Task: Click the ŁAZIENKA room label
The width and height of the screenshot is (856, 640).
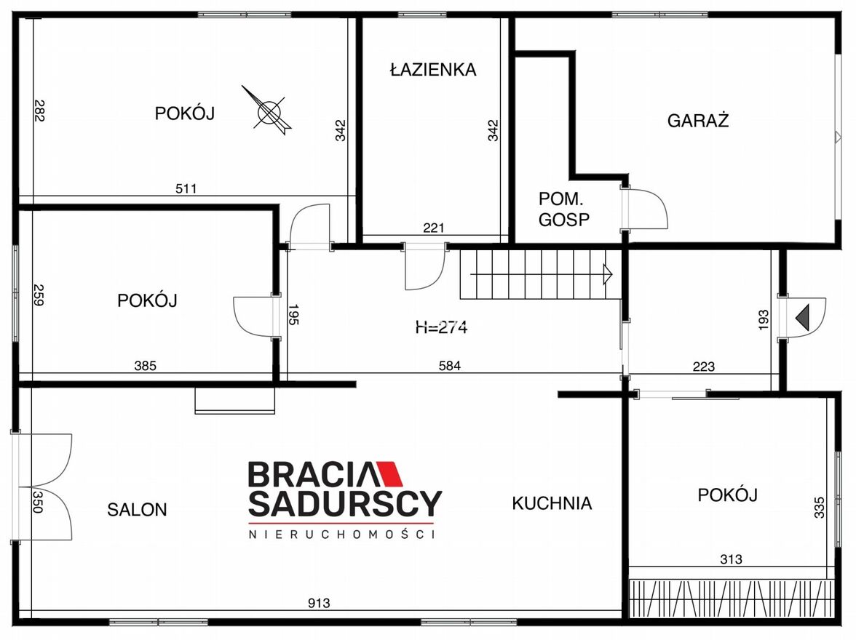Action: (x=433, y=69)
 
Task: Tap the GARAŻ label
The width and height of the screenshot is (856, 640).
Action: (x=697, y=120)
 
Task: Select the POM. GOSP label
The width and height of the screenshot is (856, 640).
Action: (x=564, y=209)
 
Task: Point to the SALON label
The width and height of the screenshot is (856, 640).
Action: (x=137, y=510)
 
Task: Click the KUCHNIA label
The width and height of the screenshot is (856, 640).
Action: (x=552, y=503)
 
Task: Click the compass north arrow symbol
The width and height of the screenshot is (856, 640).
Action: (x=269, y=111)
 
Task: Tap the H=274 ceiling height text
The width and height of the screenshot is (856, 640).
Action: (x=441, y=327)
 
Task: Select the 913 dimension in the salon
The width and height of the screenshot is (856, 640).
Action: (x=319, y=603)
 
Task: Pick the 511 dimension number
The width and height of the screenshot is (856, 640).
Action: (x=186, y=189)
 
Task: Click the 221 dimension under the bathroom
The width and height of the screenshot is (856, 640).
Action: (x=434, y=228)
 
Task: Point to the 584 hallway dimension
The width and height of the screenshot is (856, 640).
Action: (x=450, y=366)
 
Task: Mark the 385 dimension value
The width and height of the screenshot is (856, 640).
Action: (x=146, y=366)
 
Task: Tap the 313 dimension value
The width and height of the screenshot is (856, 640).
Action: (x=731, y=559)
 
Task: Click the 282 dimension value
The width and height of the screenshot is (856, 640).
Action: (x=39, y=111)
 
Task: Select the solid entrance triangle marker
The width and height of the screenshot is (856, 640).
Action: (x=802, y=318)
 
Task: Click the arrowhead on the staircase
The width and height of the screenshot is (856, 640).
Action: (x=607, y=274)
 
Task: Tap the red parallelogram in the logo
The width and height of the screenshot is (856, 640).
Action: (x=387, y=474)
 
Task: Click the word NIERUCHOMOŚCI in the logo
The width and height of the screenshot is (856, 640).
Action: (x=342, y=534)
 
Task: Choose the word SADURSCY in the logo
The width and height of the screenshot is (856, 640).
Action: (x=346, y=503)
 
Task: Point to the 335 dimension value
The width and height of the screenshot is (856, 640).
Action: (x=819, y=508)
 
